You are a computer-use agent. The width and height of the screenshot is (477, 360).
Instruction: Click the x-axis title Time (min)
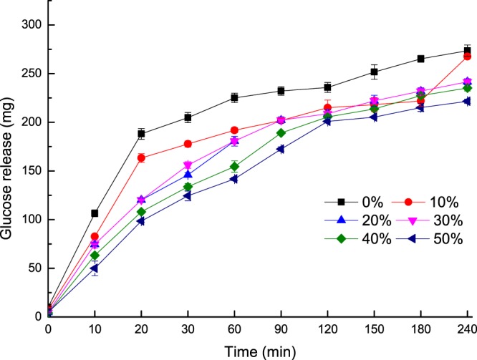(x=258, y=352)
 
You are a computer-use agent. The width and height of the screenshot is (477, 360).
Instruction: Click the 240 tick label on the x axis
(x=468, y=329)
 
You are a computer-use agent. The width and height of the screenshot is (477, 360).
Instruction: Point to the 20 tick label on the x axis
(x=141, y=329)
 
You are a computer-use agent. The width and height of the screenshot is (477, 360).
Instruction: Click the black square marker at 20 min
(x=141, y=134)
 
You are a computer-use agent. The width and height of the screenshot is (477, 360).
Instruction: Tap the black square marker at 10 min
(x=95, y=213)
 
